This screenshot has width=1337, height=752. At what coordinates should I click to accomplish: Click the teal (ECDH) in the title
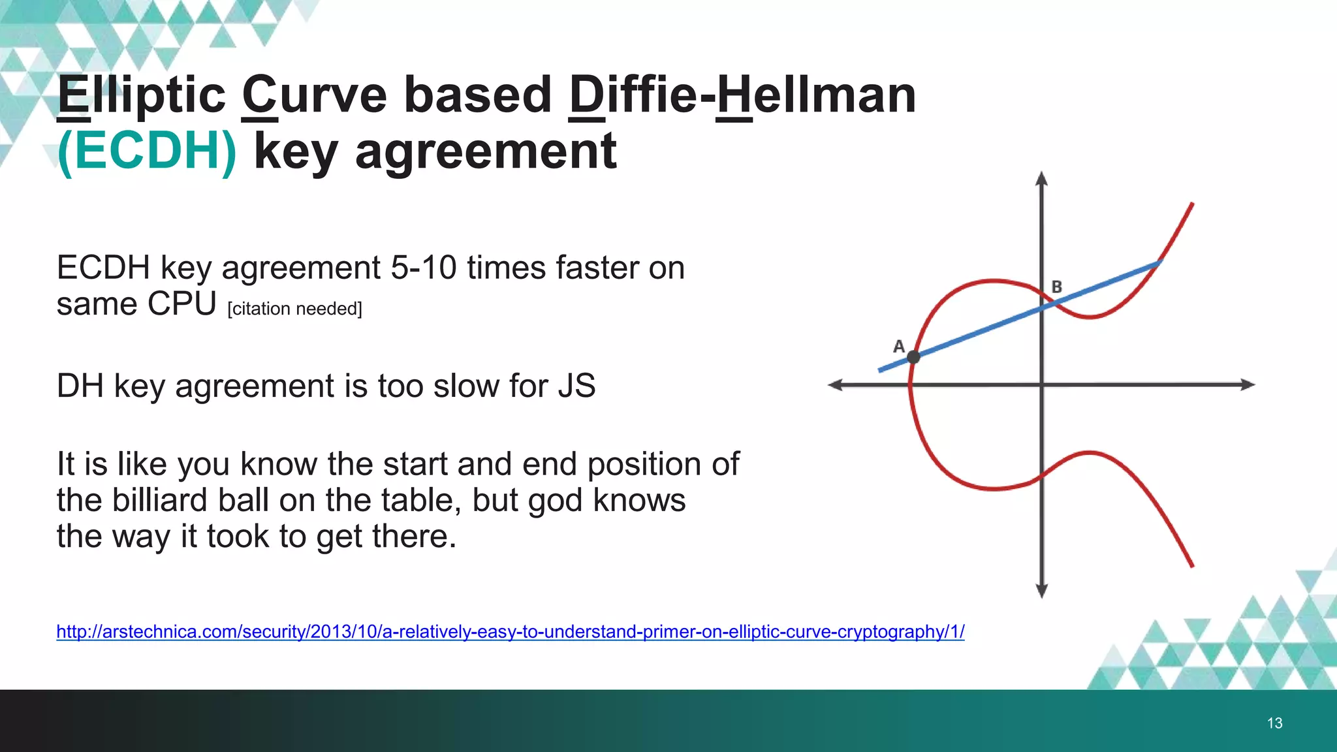click(x=147, y=151)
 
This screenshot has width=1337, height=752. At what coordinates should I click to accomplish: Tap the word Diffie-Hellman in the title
click(x=742, y=95)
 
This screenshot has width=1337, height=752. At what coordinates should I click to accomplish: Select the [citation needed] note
click(x=294, y=309)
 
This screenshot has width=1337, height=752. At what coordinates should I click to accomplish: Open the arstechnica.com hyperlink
click(x=510, y=632)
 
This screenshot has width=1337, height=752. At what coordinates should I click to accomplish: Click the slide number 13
click(x=1274, y=723)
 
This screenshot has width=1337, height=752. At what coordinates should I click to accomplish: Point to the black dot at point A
click(x=913, y=357)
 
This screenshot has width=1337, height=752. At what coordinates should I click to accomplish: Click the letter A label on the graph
click(x=899, y=346)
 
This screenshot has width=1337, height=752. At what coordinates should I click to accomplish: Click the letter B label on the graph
click(x=1057, y=287)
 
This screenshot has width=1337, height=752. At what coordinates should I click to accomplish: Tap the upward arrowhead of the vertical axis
click(x=1042, y=179)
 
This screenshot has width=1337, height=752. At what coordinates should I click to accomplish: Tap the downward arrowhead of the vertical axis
click(x=1042, y=590)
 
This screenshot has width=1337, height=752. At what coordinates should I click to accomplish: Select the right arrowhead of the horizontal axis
click(x=1247, y=384)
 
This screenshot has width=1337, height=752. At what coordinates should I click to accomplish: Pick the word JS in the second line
click(x=576, y=386)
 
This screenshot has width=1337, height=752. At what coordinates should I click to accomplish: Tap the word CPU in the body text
click(x=181, y=304)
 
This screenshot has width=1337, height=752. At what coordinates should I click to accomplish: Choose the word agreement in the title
click(x=486, y=151)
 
